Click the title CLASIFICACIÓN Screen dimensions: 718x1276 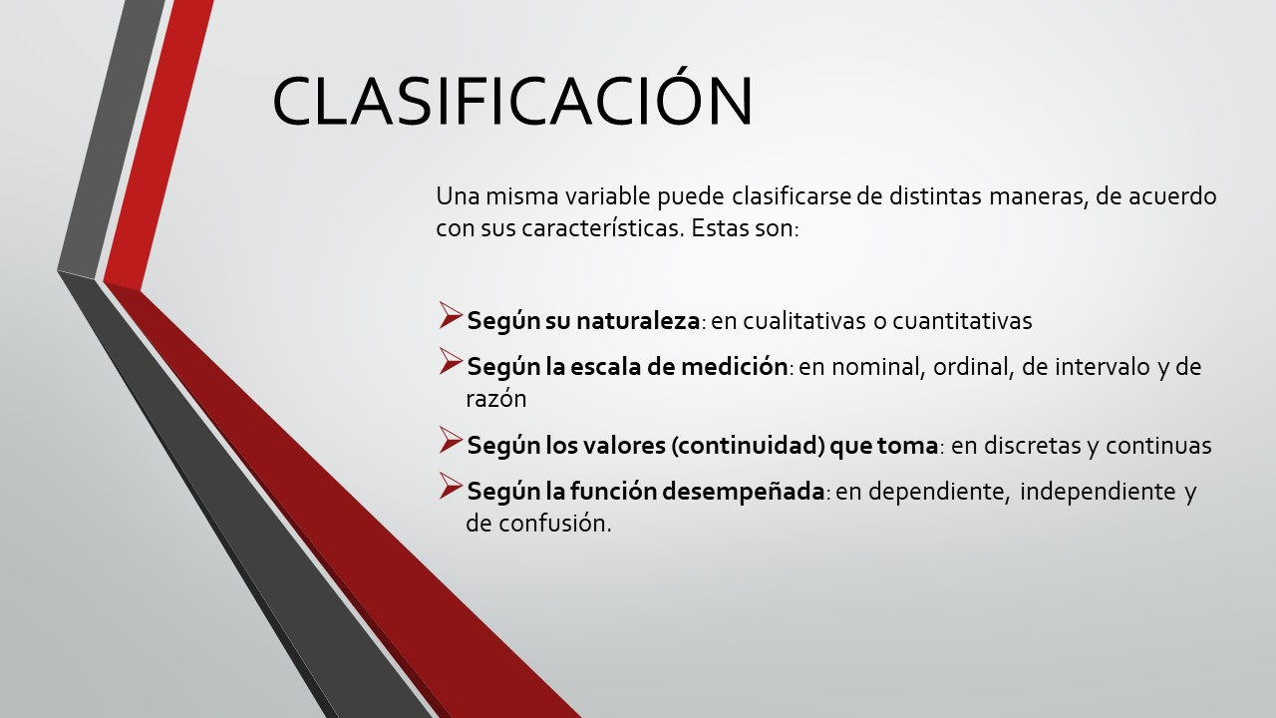512,101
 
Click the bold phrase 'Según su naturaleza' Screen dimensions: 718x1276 583,321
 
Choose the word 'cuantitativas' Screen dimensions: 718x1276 962,321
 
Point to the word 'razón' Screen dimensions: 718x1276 495,399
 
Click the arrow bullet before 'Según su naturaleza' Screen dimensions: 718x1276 450,317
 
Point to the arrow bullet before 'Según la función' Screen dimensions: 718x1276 450,488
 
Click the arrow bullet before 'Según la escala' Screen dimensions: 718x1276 450,363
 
